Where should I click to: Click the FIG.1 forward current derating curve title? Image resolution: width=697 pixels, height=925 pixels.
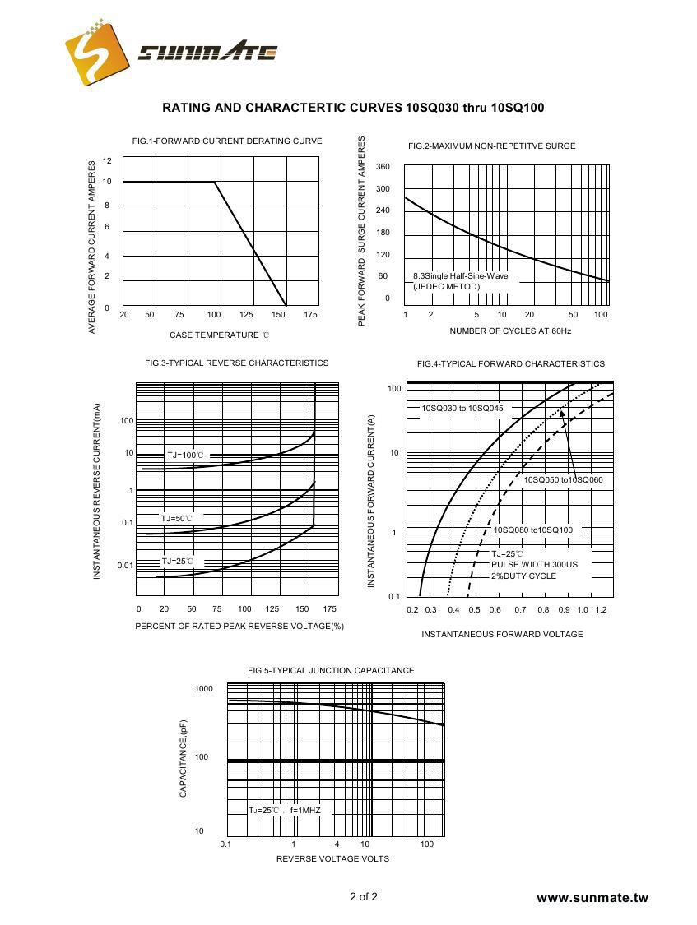(x=227, y=141)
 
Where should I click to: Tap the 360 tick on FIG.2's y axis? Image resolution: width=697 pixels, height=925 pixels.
(x=383, y=167)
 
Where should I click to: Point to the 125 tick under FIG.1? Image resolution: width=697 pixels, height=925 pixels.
(x=246, y=315)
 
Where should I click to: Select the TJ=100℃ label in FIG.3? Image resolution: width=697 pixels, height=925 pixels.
(x=184, y=455)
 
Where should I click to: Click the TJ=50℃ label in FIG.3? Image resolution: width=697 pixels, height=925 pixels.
(x=177, y=518)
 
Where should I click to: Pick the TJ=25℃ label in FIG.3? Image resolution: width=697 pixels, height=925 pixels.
(x=177, y=561)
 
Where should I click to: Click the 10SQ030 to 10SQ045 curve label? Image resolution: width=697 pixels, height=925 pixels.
(x=462, y=409)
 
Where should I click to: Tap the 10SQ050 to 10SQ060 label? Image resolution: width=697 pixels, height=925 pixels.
(x=563, y=479)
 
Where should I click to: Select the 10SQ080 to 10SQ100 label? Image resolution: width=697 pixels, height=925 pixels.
(x=533, y=530)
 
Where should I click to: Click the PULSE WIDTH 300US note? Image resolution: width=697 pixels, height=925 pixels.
(x=534, y=565)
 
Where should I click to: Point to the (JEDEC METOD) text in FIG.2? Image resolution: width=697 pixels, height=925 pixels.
(x=446, y=287)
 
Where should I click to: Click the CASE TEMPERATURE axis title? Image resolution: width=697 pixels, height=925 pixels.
(x=219, y=335)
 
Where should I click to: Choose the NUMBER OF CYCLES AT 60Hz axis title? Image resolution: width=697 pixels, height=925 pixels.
(x=510, y=331)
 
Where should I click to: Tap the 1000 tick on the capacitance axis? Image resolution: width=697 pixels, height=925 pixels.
(x=204, y=689)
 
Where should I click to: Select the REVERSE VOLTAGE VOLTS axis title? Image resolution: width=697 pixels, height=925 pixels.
(x=332, y=859)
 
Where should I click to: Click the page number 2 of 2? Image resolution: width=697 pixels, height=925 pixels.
(x=364, y=896)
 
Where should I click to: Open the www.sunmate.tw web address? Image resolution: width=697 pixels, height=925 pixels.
(x=592, y=898)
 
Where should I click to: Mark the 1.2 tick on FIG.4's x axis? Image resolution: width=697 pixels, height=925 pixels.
(x=601, y=610)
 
